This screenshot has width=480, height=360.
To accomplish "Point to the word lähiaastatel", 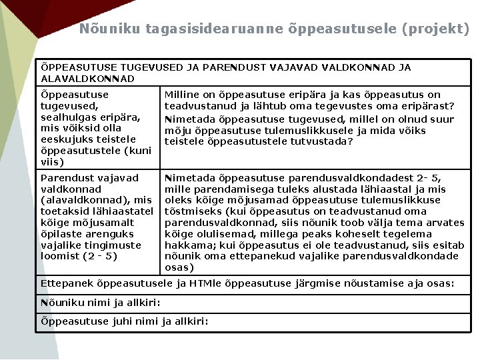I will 123,211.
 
